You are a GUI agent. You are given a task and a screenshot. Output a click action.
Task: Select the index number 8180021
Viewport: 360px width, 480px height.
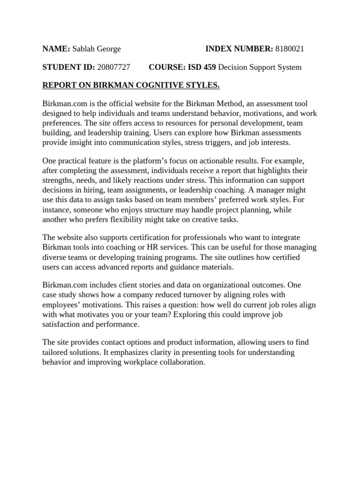[x=292, y=49]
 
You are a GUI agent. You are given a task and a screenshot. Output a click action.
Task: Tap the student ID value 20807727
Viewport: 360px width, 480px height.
[x=113, y=67]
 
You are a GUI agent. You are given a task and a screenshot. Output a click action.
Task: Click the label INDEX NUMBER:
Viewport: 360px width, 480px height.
[x=239, y=49]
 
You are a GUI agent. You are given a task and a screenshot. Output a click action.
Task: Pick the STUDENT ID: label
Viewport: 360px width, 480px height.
[x=68, y=67]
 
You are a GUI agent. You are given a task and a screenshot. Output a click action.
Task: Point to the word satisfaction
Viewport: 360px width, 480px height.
[x=60, y=323]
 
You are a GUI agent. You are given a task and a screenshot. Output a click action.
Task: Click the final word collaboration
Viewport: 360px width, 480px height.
[x=180, y=362]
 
